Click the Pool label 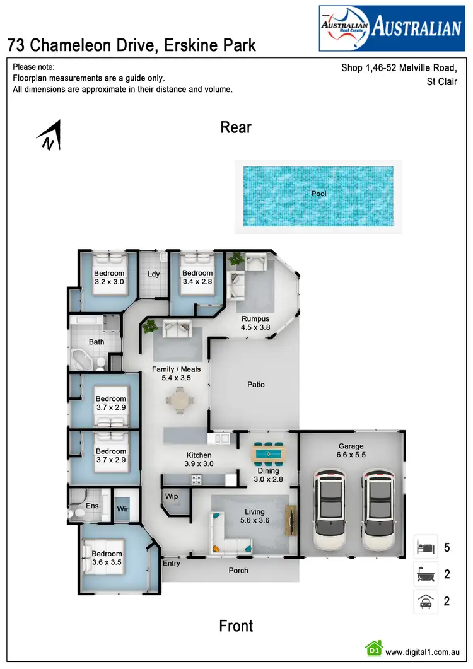point(318,194)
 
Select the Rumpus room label point(255,323)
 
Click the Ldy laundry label point(153,274)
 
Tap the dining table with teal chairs point(267,451)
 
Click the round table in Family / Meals point(181,399)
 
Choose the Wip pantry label point(172,497)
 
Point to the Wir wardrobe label point(123,506)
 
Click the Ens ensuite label point(92,506)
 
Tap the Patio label point(255,384)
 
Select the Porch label point(238,570)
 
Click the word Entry point(171,563)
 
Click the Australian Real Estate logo point(391,28)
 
